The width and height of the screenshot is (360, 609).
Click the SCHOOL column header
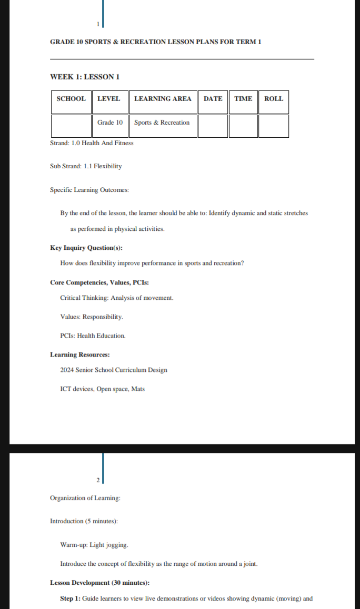click(71, 99)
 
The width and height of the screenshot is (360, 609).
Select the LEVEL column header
click(109, 99)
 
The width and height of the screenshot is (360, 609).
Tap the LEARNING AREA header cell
click(163, 99)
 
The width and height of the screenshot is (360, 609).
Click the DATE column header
click(213, 99)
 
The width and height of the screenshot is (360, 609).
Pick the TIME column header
click(243, 99)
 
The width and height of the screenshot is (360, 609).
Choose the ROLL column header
click(273, 99)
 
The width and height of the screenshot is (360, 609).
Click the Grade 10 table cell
click(109, 123)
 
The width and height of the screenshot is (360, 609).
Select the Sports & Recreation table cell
click(162, 123)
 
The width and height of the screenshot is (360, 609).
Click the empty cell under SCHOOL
click(71, 126)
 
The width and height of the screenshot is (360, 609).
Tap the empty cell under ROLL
click(273, 126)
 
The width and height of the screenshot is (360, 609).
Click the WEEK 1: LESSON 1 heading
click(85, 77)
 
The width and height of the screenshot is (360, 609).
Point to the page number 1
click(98, 25)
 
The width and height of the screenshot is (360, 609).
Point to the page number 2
click(98, 480)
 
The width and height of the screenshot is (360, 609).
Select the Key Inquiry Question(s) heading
click(86, 248)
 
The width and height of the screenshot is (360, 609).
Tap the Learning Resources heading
click(79, 355)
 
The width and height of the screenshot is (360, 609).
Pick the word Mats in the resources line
click(138, 389)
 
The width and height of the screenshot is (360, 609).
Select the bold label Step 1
click(69, 598)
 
